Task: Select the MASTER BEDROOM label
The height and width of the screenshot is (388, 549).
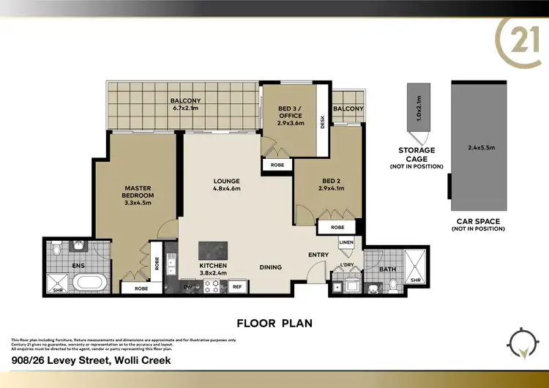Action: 138,192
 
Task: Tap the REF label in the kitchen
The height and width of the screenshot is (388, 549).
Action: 236,287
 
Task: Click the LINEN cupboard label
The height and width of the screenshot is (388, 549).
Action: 346,242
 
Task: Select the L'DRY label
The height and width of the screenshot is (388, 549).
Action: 346,265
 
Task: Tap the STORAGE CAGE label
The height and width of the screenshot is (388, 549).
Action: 417,154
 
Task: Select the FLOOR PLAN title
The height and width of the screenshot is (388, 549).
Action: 274,322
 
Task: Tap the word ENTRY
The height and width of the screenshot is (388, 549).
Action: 318,254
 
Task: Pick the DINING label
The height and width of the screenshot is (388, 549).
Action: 271,267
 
